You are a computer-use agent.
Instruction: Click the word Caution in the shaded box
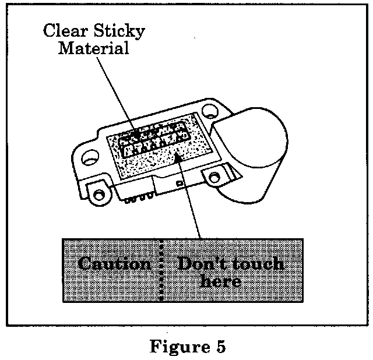114,264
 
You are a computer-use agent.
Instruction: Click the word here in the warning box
220,281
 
